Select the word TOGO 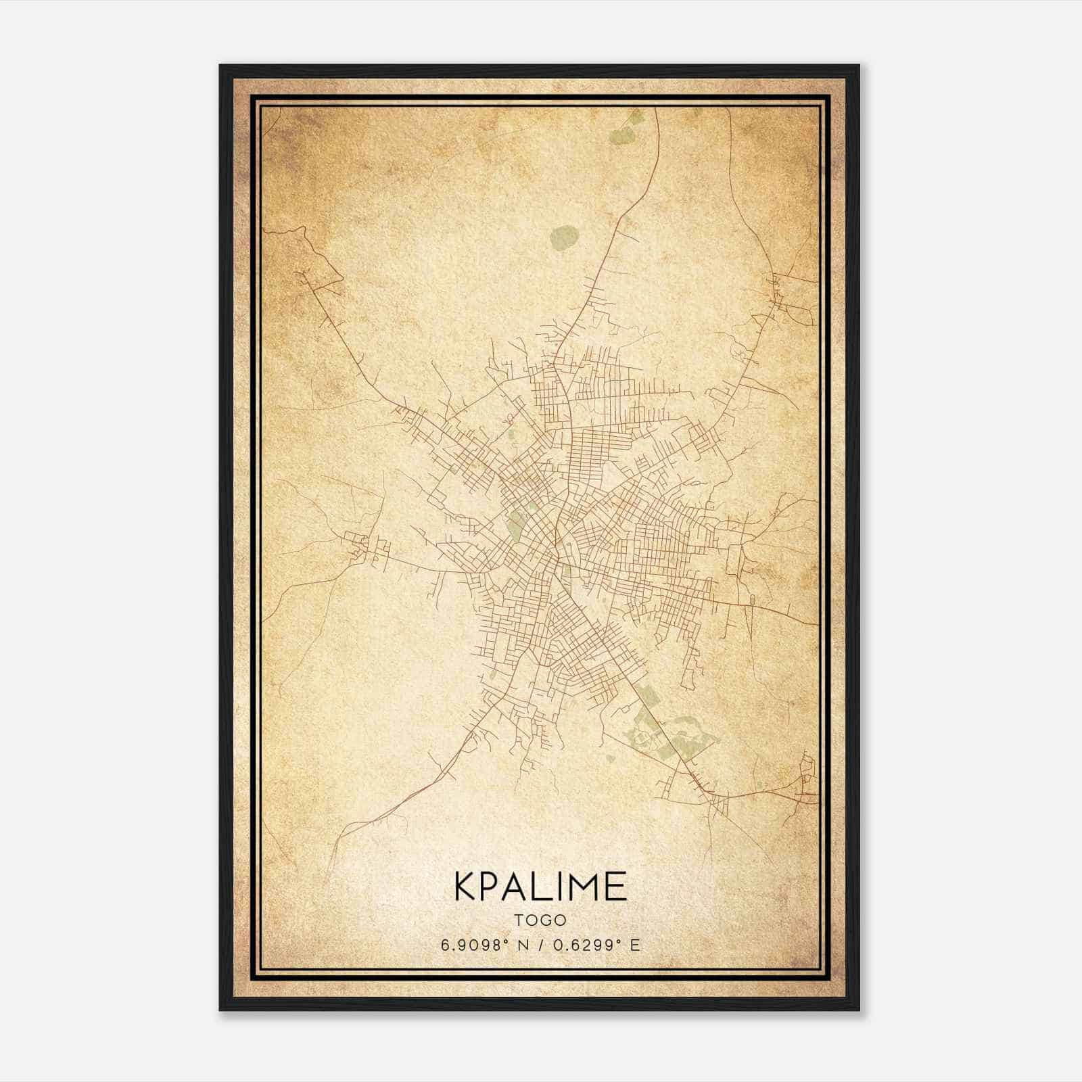click(540, 920)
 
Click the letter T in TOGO click(519, 920)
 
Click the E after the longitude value click(634, 945)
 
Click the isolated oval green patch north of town click(565, 237)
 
